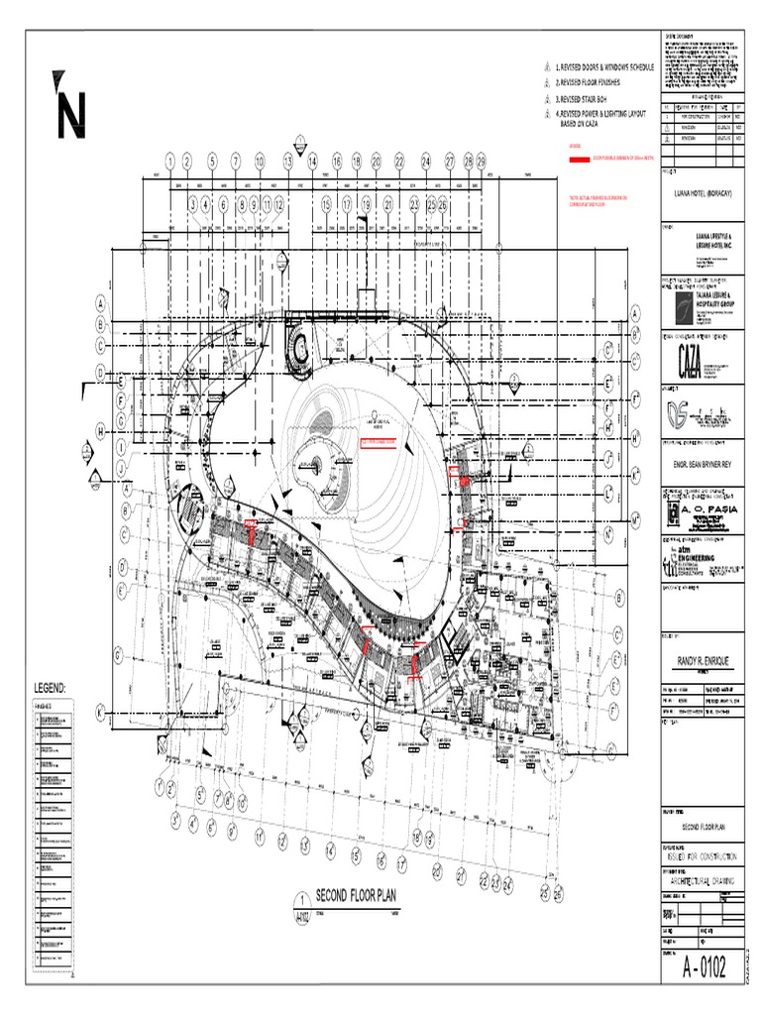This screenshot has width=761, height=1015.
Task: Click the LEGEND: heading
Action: click(50, 687)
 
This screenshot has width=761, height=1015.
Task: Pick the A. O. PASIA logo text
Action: click(707, 508)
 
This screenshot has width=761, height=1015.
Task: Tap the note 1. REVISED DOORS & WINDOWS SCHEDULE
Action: click(605, 66)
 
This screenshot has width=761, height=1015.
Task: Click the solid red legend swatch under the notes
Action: click(574, 159)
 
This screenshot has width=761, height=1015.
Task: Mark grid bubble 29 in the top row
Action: click(481, 160)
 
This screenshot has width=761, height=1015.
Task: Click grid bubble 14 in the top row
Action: click(312, 160)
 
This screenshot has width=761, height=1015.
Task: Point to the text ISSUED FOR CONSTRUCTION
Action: click(701, 854)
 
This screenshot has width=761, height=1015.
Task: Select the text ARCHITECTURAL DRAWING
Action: click(701, 879)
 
